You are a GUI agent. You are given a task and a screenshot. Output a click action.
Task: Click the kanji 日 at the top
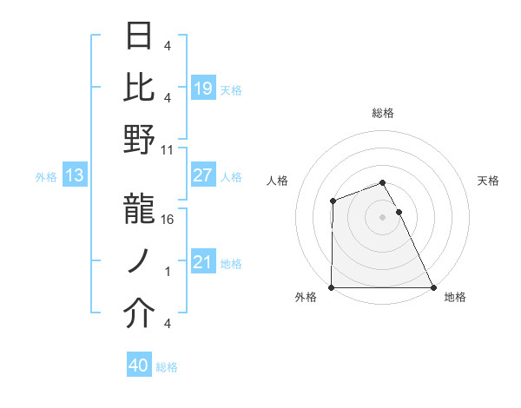(139, 36)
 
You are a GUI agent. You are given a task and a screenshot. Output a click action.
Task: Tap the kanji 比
(139, 88)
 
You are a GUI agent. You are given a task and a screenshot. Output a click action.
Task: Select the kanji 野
(139, 140)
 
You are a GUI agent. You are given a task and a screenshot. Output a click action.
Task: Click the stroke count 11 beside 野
(168, 149)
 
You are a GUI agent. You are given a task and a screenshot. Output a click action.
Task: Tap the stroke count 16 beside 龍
(168, 219)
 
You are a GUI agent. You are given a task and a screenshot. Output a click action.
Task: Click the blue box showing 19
(202, 89)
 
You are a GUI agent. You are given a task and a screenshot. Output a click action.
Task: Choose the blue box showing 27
(202, 175)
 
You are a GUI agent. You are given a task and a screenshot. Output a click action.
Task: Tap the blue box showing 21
(202, 262)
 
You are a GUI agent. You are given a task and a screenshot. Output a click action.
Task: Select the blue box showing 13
(74, 176)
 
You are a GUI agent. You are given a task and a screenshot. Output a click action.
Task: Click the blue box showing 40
(138, 365)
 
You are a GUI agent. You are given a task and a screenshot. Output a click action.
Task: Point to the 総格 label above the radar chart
(382, 114)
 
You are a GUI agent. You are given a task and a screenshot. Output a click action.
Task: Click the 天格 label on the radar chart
(489, 181)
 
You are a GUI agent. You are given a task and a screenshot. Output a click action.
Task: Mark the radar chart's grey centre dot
(382, 217)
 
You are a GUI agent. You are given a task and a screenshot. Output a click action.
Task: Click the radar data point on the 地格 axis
(432, 287)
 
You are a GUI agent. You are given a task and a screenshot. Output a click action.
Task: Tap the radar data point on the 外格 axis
(332, 287)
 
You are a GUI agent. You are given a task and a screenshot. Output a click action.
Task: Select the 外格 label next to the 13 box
(46, 177)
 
